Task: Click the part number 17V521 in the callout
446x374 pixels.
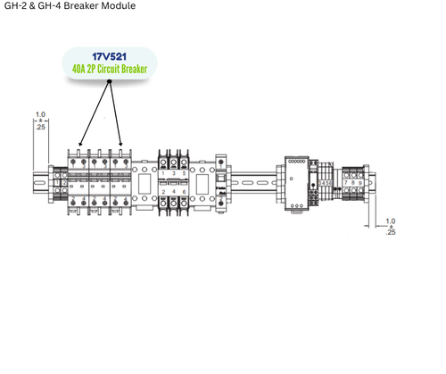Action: click(110, 57)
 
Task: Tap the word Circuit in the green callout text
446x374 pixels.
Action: click(119, 70)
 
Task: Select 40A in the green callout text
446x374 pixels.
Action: click(82, 70)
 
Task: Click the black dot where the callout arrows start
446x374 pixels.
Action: click(110, 83)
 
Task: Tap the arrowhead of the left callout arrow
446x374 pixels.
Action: click(80, 143)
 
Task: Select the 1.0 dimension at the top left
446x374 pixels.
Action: click(39, 114)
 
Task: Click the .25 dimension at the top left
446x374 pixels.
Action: click(39, 127)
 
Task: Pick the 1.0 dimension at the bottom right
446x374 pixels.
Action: click(391, 220)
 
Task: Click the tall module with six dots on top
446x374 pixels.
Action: click(295, 182)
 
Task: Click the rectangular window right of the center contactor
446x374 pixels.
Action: click(202, 184)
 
